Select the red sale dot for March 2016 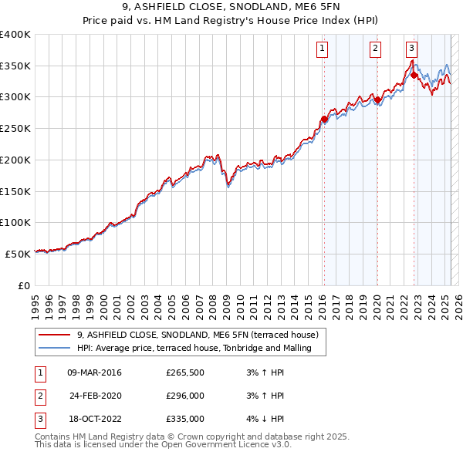(324, 120)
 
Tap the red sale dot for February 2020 (377, 99)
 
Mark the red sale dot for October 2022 (414, 76)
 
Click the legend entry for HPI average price (193, 348)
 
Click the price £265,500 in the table (185, 372)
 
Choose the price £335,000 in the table (185, 419)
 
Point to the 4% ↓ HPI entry (263, 419)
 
